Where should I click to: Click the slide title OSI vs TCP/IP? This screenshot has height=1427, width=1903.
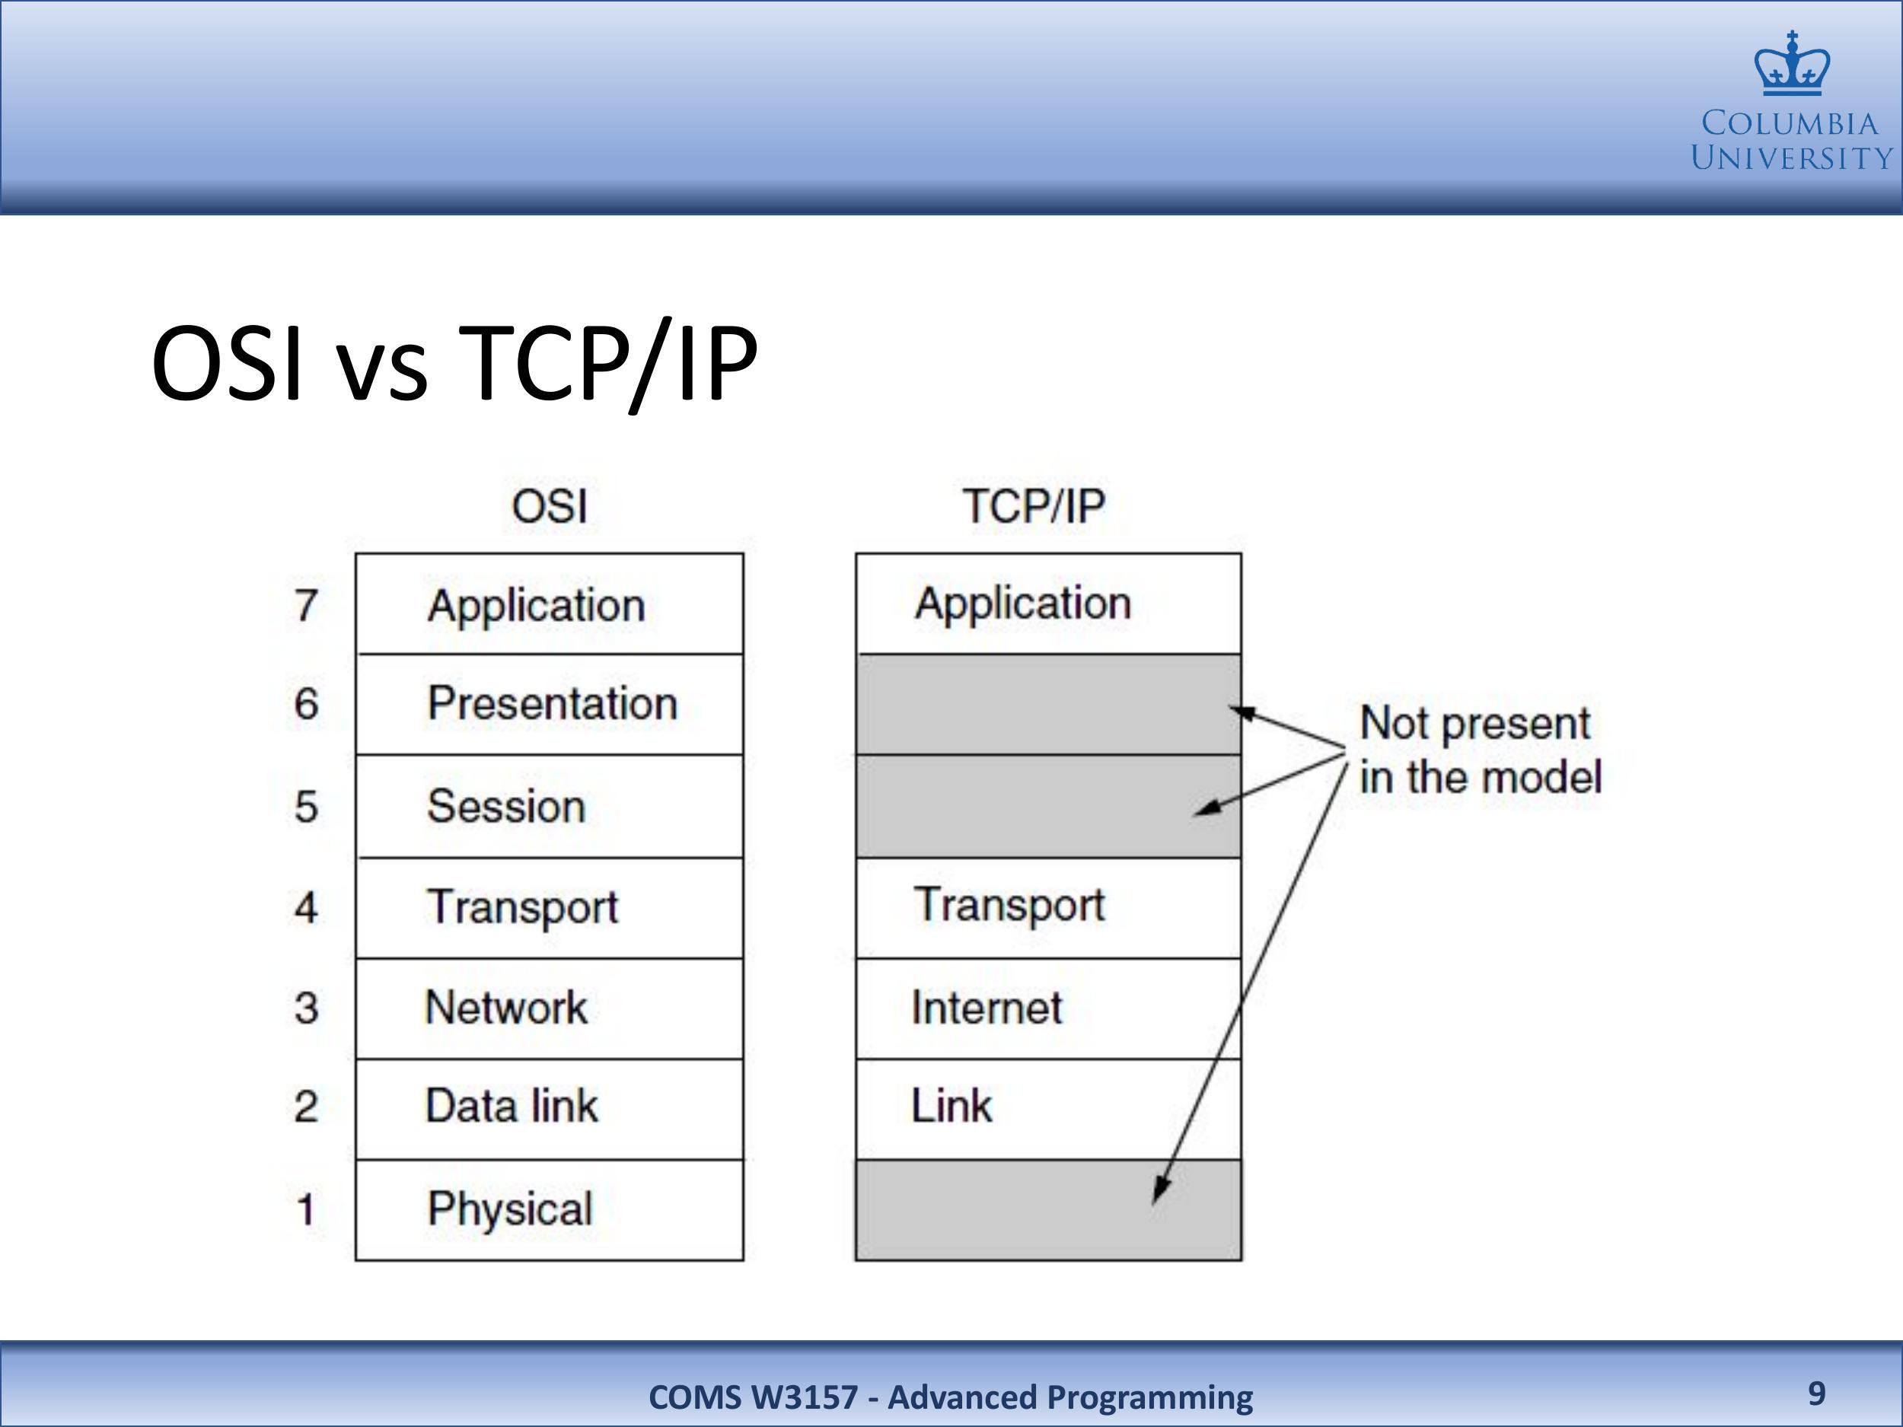454,363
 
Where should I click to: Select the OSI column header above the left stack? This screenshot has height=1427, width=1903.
550,506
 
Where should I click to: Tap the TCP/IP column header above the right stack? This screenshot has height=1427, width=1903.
1033,506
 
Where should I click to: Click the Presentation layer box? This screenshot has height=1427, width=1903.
550,705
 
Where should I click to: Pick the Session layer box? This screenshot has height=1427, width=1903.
550,806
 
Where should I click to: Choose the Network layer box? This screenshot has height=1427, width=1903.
550,1008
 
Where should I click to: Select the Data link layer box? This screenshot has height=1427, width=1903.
550,1109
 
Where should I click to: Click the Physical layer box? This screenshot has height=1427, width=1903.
550,1210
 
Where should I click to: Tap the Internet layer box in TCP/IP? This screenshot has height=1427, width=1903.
1049,1008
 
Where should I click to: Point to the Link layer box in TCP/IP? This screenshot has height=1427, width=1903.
1049,1109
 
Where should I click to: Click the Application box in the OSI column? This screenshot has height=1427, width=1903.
550,604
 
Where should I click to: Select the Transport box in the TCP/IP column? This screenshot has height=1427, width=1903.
1049,907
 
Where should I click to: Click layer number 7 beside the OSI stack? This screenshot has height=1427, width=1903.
306,606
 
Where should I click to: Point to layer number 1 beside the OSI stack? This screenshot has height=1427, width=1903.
305,1210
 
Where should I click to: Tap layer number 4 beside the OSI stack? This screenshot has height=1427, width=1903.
306,907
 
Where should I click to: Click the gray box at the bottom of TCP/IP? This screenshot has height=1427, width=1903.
1049,1210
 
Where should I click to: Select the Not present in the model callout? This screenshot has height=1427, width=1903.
1481,749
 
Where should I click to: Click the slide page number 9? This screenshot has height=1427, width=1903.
1816,1393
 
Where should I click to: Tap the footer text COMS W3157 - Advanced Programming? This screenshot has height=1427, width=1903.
951,1397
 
